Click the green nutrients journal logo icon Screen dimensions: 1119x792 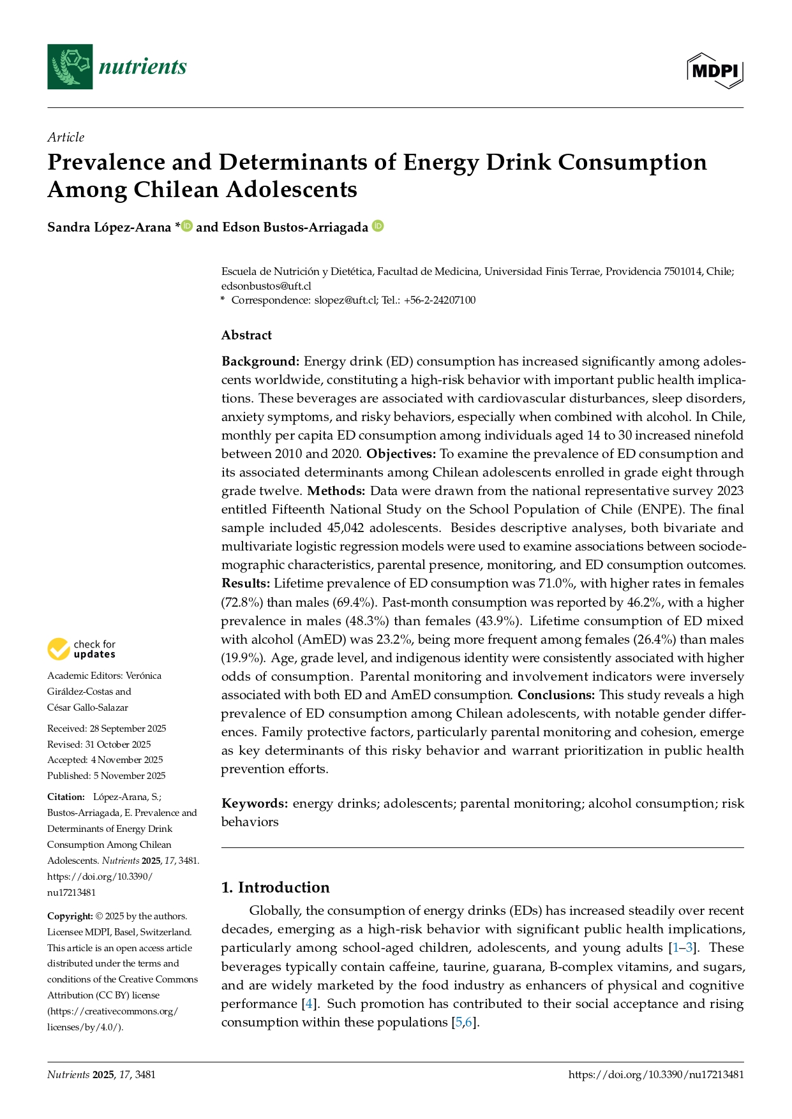click(70, 66)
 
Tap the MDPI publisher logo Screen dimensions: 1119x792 click(715, 70)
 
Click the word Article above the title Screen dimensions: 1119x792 click(66, 137)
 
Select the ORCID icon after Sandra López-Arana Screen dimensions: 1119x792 click(187, 226)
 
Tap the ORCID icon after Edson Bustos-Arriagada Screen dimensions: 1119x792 click(378, 226)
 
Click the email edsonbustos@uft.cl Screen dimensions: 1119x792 click(266, 286)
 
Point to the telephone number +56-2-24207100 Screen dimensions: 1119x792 click(440, 300)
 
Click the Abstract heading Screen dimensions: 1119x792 click(246, 335)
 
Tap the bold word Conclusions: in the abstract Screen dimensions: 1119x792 click(556, 695)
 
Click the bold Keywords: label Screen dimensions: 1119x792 click(255, 803)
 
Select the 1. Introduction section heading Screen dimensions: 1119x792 click(275, 887)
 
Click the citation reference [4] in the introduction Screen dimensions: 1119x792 click(309, 1004)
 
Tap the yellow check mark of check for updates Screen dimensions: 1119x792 click(59, 649)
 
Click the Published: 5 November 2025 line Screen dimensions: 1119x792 click(106, 776)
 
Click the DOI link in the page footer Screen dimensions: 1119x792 click(655, 1074)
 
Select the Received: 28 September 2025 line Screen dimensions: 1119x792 click(107, 729)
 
